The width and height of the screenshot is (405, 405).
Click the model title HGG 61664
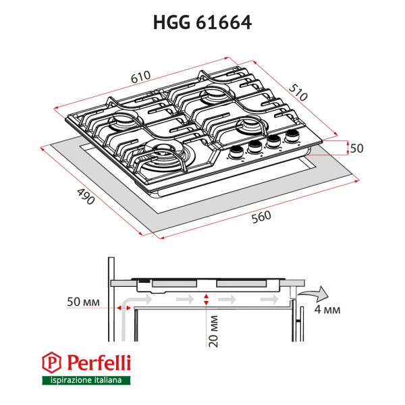click(202, 22)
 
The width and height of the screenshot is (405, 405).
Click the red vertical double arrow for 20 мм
click(205, 299)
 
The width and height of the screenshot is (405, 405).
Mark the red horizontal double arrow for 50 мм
click(124, 307)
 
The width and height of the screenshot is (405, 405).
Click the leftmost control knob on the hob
click(238, 151)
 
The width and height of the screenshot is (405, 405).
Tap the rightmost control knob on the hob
click(292, 137)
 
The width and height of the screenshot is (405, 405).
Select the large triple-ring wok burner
click(163, 155)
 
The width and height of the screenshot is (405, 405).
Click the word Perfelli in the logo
click(96, 364)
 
